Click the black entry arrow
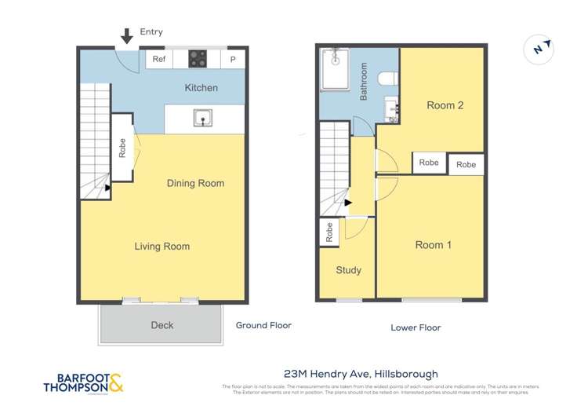[x=126, y=35]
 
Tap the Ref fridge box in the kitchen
[x=159, y=59]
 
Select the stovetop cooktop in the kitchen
[x=198, y=59]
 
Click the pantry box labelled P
[x=233, y=59]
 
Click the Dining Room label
[x=195, y=183]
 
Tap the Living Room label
[x=162, y=247]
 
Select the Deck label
[x=162, y=325]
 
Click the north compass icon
[x=539, y=49]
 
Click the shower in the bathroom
[x=336, y=68]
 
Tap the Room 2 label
[x=445, y=105]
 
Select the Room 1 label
[x=433, y=245]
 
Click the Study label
[x=348, y=270]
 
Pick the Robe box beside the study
[x=328, y=232]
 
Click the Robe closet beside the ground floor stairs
[x=122, y=148]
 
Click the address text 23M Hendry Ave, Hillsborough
[x=361, y=374]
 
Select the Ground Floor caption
[x=263, y=325]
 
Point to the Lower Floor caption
[x=416, y=327]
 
